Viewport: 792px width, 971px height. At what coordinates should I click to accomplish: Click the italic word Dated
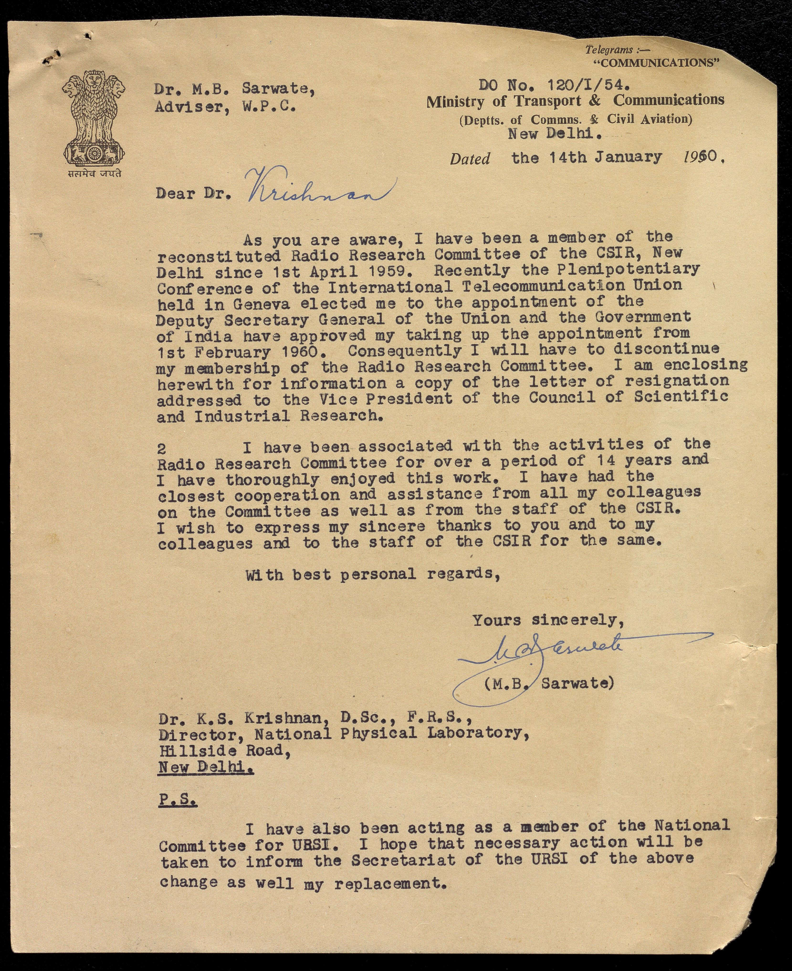tap(470, 159)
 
